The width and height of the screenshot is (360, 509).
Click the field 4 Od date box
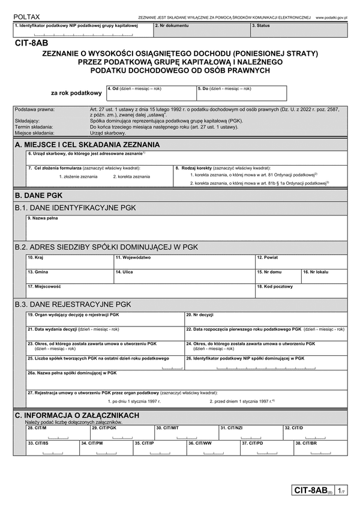click(151, 94)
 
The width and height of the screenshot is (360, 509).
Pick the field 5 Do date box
click(241, 94)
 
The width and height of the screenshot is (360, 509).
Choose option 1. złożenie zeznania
click(77, 176)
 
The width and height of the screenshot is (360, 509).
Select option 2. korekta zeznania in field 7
click(131, 176)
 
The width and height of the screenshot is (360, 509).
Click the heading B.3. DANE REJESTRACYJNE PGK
click(73, 304)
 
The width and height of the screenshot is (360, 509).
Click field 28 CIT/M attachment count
click(57, 432)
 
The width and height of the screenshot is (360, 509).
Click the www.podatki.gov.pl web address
click(335, 19)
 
